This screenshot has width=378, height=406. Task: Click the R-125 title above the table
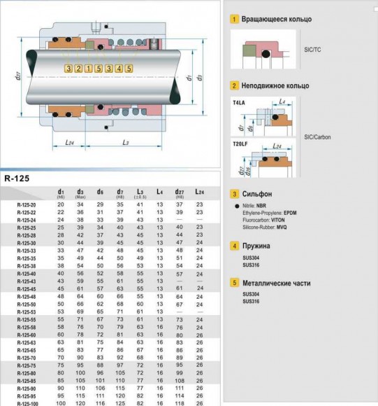tap(17, 178)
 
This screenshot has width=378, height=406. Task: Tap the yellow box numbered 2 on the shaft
tap(78, 68)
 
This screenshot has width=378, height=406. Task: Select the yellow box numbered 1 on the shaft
tap(88, 68)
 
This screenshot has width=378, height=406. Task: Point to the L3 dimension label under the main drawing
tap(126, 143)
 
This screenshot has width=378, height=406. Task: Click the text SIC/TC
tap(313, 52)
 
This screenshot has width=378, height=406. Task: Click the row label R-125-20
tap(27, 204)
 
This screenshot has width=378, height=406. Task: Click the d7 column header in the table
tap(120, 192)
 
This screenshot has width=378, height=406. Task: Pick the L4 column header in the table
tap(159, 192)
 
